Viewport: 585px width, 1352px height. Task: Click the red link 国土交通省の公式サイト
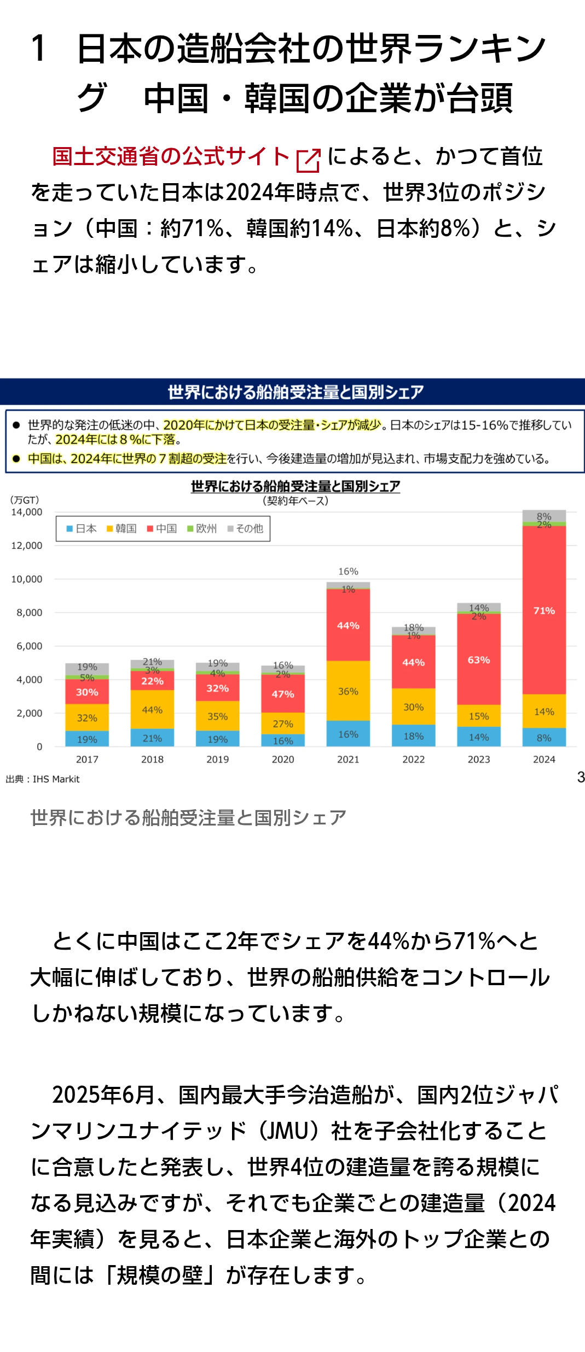[x=171, y=157]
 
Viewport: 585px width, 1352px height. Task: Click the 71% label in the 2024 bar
[x=544, y=611]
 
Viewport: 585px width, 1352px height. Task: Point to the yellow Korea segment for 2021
[x=348, y=691]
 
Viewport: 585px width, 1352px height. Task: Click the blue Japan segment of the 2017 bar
[x=87, y=739]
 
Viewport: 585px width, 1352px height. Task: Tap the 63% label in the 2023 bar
[x=479, y=660]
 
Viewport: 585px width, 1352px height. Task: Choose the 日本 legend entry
[x=82, y=529]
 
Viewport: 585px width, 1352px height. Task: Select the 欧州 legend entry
[x=202, y=529]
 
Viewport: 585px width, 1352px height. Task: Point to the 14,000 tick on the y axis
[x=27, y=512]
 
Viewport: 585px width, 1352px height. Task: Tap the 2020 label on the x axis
[x=283, y=759]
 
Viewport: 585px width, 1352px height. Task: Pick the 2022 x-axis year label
[x=414, y=759]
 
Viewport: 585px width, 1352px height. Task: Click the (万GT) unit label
[x=25, y=500]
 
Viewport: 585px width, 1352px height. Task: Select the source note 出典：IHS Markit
[x=43, y=779]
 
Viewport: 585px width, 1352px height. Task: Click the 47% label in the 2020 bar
[x=283, y=694]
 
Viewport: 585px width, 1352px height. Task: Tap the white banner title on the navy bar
[x=296, y=392]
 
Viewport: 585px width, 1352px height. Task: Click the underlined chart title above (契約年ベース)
[x=296, y=486]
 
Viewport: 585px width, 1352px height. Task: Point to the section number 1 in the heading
[x=38, y=48]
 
